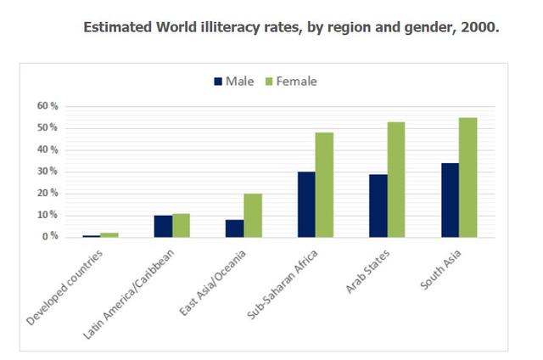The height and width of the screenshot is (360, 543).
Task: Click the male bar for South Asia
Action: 449,200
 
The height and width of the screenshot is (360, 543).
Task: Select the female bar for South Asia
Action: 467,177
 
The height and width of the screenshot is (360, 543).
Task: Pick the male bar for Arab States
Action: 378,205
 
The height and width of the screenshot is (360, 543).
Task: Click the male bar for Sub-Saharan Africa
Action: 306,204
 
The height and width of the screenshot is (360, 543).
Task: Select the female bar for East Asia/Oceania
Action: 253,215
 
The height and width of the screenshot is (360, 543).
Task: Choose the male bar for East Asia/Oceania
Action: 234,228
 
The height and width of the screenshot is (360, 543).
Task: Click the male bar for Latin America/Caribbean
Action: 162,226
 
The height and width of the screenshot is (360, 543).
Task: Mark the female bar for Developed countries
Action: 109,234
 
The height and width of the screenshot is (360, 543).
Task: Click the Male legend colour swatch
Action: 216,82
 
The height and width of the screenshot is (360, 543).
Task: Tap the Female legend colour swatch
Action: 271,82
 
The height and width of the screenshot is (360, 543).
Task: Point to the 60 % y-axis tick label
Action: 47,106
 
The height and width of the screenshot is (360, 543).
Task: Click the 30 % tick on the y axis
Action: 47,172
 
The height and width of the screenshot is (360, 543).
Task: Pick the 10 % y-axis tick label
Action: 47,215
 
